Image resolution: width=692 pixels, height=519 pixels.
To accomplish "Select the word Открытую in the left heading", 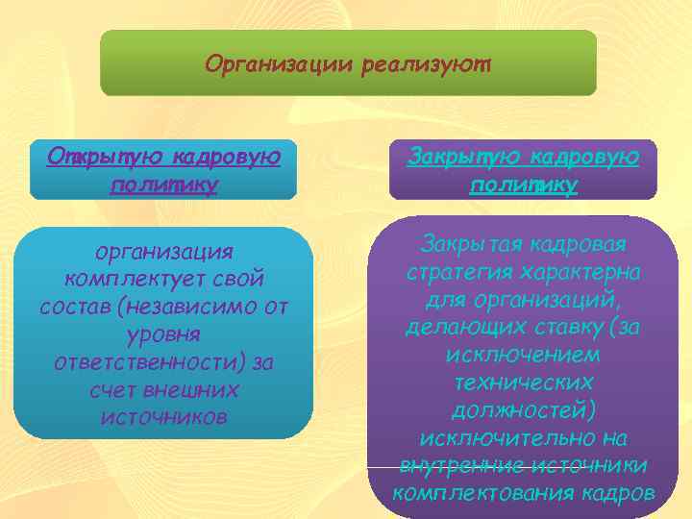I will [x=95, y=156].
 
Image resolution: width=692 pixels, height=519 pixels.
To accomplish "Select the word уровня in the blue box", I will [x=163, y=334].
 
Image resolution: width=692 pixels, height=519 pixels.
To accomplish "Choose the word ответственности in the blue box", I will [x=150, y=362].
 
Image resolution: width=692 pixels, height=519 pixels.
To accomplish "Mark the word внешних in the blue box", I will [x=197, y=390].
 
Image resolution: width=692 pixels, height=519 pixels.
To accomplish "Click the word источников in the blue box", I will [x=163, y=418].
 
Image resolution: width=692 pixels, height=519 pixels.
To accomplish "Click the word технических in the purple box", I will [x=523, y=383].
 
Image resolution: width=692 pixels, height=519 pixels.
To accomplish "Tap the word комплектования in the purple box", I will [x=482, y=494].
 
